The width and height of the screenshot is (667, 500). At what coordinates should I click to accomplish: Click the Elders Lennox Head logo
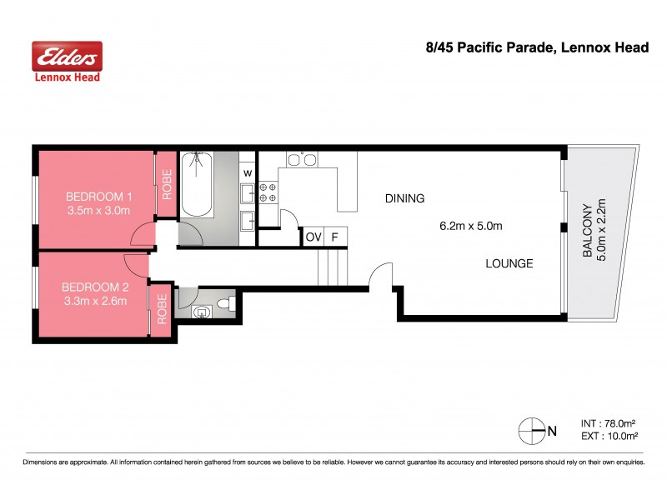pos(67,62)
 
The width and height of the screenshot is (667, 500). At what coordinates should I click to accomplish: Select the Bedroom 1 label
pos(98,197)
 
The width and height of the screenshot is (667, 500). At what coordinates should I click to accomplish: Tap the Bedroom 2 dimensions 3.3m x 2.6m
pos(94,301)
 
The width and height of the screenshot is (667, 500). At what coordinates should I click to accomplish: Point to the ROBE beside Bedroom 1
pos(167,186)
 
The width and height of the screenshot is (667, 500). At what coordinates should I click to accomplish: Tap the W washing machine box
pos(248,172)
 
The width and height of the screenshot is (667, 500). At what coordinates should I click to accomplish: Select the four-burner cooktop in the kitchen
pos(268,192)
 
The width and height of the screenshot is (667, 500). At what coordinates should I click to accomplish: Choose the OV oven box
pos(313,237)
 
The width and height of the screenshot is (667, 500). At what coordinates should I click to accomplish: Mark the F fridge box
pos(335,237)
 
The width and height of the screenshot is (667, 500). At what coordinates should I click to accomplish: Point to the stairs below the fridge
pos(332,268)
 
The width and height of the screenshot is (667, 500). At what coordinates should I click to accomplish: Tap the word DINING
pos(404,198)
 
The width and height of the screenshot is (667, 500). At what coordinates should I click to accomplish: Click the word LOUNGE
pos(509,263)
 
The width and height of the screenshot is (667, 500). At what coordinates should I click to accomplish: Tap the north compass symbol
pos(531,431)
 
